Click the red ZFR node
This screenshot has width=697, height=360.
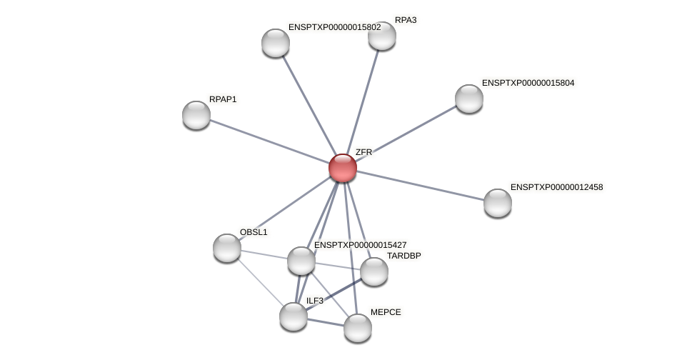tap(343, 168)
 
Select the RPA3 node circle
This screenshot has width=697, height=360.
tap(382, 36)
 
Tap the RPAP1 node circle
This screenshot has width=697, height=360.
tap(196, 115)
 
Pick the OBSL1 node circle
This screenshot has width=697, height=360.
tap(227, 248)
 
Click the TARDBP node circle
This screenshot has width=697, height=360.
tap(374, 271)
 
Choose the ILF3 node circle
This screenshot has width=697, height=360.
tap(294, 316)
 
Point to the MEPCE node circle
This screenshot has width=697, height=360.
tap(358, 328)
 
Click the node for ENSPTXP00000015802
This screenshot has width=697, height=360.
tap(276, 43)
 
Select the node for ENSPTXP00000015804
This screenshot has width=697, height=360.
tap(469, 99)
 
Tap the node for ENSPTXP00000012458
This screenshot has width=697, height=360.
tap(498, 203)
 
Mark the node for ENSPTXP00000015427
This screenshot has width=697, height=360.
tap(301, 261)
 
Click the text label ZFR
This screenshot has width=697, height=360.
tap(363, 152)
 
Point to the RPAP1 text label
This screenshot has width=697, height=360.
tap(223, 99)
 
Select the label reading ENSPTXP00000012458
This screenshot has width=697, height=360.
tap(556, 187)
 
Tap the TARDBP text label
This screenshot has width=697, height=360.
tap(404, 256)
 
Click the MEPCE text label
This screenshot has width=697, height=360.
tap(386, 312)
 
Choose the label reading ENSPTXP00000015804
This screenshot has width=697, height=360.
tap(528, 83)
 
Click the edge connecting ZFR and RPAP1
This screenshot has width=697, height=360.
tap(269, 141)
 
